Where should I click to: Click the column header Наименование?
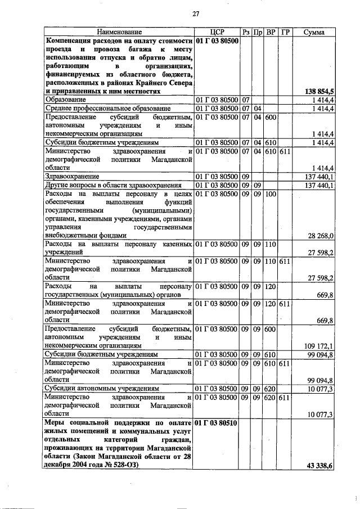[119, 33]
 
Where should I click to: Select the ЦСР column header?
[217, 33]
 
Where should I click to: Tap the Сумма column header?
[313, 33]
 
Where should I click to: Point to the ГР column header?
[285, 33]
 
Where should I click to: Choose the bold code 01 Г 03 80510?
[217, 422]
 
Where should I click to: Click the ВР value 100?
[271, 194]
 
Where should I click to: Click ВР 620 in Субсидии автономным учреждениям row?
[271, 388]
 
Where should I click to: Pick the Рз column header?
[246, 33]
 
